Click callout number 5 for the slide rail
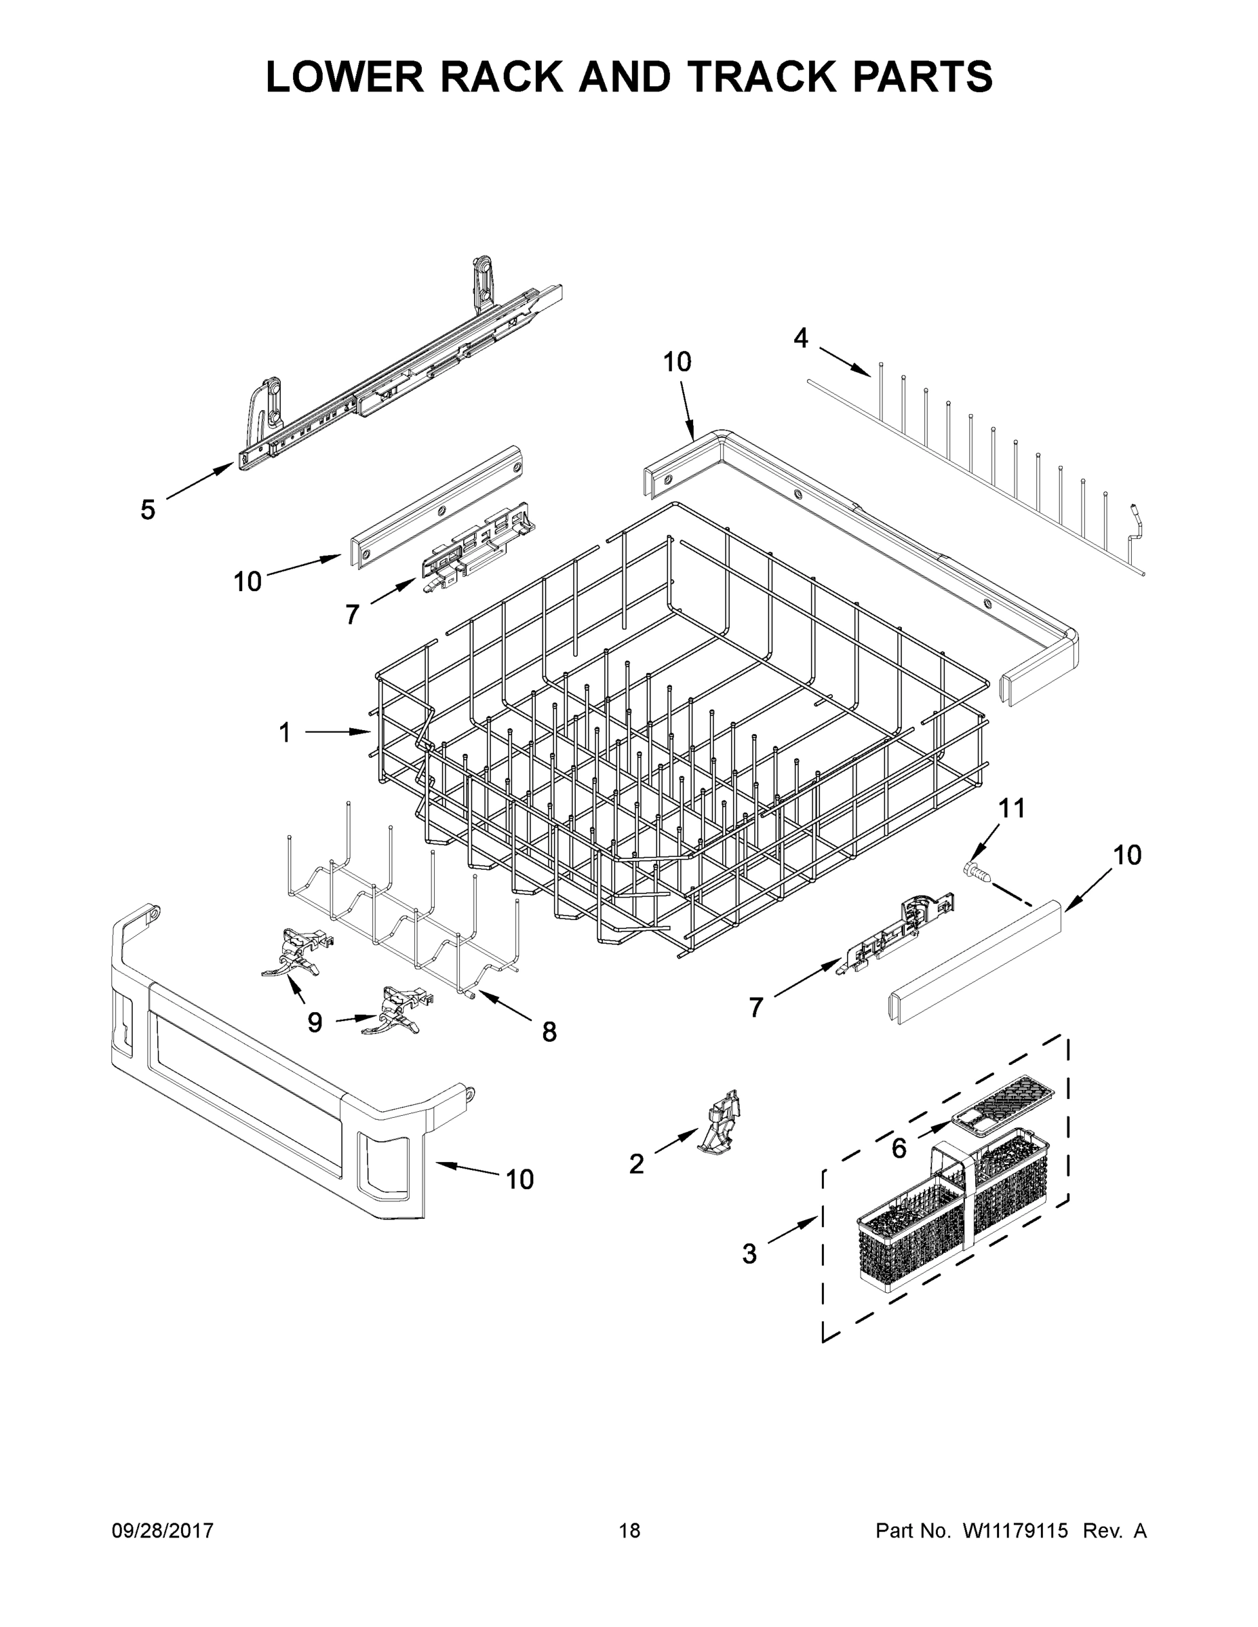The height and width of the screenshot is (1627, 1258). [x=148, y=510]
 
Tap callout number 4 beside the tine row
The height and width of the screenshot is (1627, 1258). [x=800, y=339]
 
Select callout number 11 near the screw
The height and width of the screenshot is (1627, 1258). [x=1011, y=807]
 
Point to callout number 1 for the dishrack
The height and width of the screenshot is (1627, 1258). [x=285, y=733]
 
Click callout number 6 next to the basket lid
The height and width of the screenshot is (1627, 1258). [x=899, y=1149]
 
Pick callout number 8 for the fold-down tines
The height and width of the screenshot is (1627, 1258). [x=549, y=1032]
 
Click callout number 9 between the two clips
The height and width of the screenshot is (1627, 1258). [x=315, y=1023]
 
